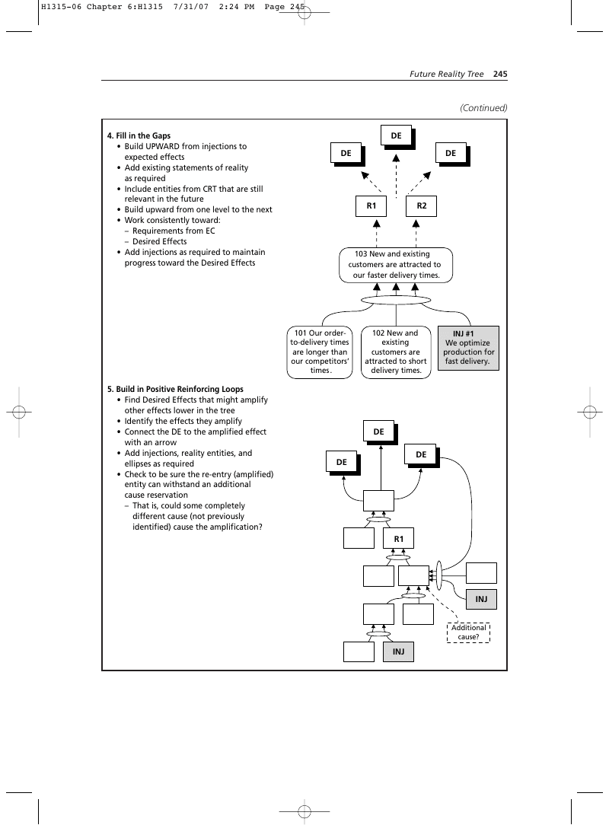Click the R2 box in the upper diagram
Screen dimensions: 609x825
tap(421, 205)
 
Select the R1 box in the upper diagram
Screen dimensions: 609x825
tap(371, 205)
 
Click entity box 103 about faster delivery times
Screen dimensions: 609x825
tap(396, 265)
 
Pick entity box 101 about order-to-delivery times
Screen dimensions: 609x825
tap(320, 352)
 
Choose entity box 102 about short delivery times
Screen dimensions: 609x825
tap(396, 352)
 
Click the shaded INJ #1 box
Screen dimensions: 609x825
tap(468, 348)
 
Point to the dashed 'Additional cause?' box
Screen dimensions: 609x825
tap(468, 632)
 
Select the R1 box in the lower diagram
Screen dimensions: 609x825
tap(398, 539)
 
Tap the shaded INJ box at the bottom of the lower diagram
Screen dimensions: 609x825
tap(398, 651)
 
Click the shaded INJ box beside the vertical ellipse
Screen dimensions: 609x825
tap(481, 599)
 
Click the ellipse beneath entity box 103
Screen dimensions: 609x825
tap(396, 300)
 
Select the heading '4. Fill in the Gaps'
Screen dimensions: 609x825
tap(139, 135)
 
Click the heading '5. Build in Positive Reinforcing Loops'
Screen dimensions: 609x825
tap(175, 390)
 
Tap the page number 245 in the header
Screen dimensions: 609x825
tap(500, 74)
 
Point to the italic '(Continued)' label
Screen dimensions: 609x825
tap(483, 108)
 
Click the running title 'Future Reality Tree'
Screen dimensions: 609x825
tap(446, 74)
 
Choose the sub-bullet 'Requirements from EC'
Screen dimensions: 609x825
tap(174, 231)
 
